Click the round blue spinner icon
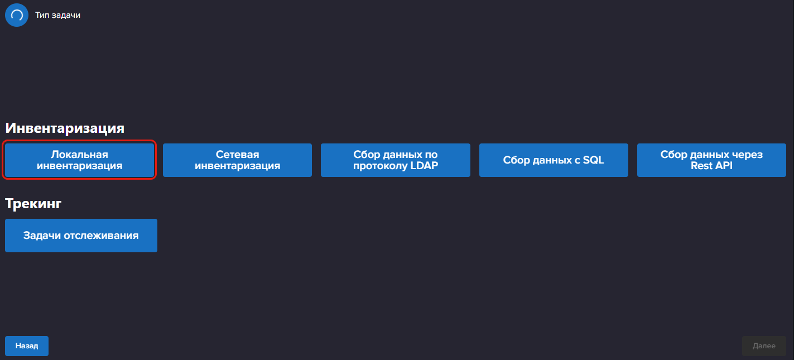[x=17, y=15]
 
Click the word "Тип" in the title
[x=41, y=15]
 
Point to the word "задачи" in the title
[x=65, y=15]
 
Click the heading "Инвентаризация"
[x=65, y=128]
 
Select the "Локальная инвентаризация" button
[x=79, y=160]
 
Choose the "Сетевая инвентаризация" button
[x=237, y=160]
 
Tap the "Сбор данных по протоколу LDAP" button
[x=395, y=160]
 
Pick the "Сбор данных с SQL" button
[x=554, y=160]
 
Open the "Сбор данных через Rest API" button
[x=711, y=160]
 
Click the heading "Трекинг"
[x=33, y=204]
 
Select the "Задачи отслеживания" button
[x=81, y=236]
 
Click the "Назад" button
[x=27, y=346]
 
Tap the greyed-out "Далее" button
[x=764, y=346]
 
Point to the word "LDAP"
[x=424, y=166]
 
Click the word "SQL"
[x=593, y=160]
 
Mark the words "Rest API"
[x=711, y=166]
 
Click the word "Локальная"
[x=79, y=154]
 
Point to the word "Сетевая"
[x=238, y=154]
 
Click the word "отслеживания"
[x=101, y=236]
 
